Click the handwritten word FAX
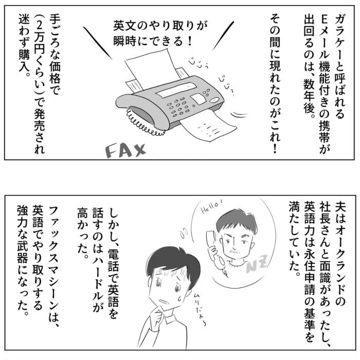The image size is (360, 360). click(x=125, y=150)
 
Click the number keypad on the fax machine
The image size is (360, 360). click(x=179, y=106)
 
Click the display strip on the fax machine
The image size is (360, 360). click(x=176, y=89)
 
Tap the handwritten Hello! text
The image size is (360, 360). click(x=211, y=206)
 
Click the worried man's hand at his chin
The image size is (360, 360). click(x=159, y=315)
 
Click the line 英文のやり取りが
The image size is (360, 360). click(x=160, y=26)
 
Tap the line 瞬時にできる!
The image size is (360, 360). click(x=153, y=41)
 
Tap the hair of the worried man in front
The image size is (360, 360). click(x=174, y=263)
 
